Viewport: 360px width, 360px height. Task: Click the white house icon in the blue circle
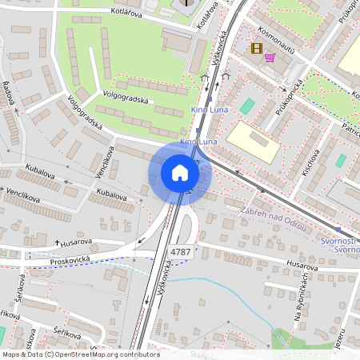coord(180,173)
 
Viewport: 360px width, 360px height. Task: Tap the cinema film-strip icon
coord(256,48)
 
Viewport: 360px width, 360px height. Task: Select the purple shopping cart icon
coord(270,57)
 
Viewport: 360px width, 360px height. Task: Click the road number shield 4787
coord(181,251)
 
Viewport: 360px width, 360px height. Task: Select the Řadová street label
coord(9,95)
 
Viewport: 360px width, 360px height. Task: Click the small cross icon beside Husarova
coord(58,242)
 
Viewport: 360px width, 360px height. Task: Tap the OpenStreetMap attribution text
coord(80,354)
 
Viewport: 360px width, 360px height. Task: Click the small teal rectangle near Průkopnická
coord(247,106)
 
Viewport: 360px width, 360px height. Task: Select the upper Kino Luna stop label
coord(205,109)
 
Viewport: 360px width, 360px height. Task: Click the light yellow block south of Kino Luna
coord(253,141)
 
